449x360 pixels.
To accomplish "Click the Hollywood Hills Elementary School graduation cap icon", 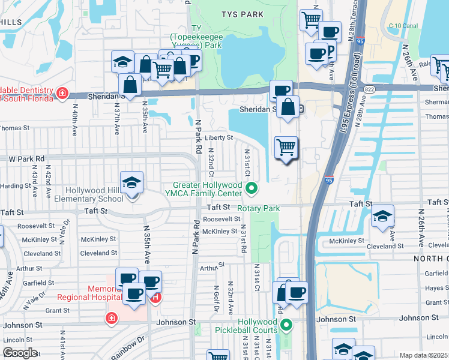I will pyautogui.click(x=131, y=183).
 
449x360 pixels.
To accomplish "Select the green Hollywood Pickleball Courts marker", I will pyautogui.click(x=286, y=326).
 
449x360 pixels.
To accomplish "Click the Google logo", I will pyautogui.click(x=20, y=353).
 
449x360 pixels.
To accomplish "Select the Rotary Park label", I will pyautogui.click(x=259, y=208).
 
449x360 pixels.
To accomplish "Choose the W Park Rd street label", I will pyautogui.click(x=27, y=159).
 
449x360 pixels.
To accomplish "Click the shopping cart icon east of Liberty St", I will pyautogui.click(x=286, y=147).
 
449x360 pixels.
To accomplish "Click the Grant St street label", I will pyautogui.click(x=58, y=311).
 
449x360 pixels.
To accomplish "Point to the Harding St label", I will pyautogui.click(x=16, y=185).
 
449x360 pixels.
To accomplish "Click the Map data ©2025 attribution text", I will pyautogui.click(x=424, y=355).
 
